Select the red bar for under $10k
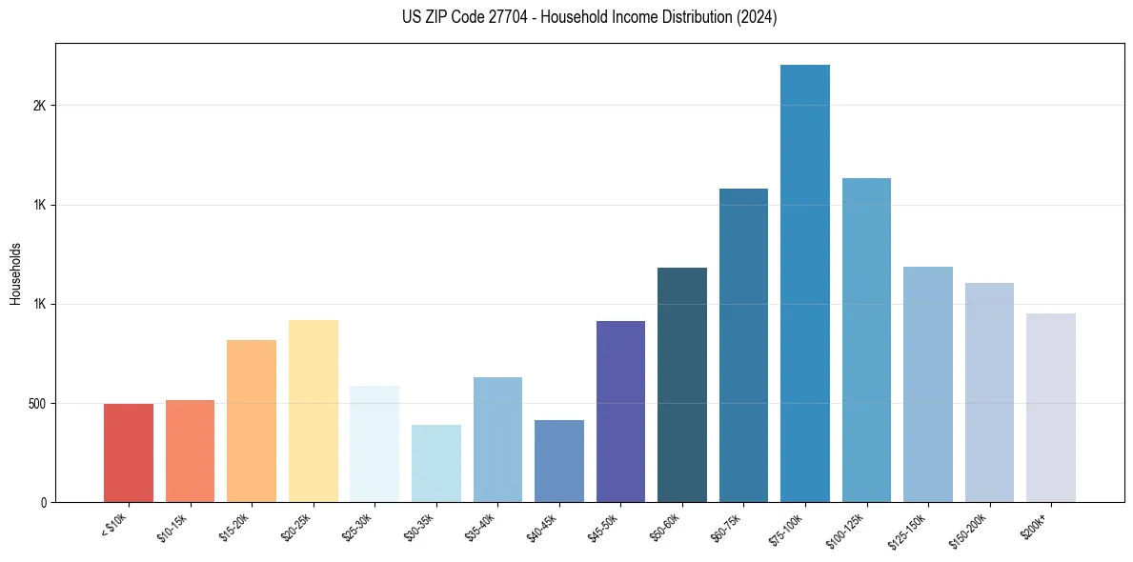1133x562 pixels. (x=129, y=452)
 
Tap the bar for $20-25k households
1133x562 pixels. (x=314, y=411)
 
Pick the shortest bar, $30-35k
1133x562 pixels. (x=436, y=463)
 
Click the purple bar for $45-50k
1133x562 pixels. (x=620, y=411)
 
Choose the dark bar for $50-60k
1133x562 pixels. (x=682, y=385)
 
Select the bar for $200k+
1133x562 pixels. (x=1051, y=408)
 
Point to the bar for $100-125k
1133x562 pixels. (x=866, y=340)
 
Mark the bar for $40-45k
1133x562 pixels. (x=559, y=461)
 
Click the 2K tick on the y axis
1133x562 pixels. (x=39, y=106)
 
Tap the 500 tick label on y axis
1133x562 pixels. (x=36, y=403)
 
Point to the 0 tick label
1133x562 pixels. (x=43, y=502)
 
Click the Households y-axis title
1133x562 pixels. (x=15, y=272)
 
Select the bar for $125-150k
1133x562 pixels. (x=928, y=384)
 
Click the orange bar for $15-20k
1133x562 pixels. (x=252, y=421)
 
